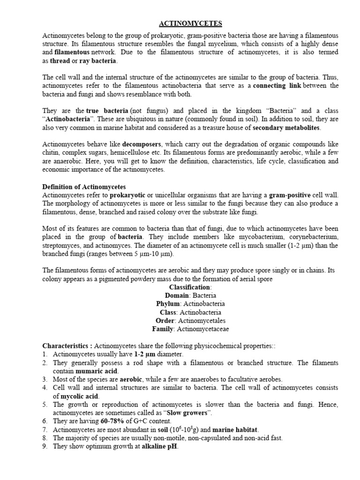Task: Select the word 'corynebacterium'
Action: point(311,237)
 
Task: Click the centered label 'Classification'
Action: point(190,287)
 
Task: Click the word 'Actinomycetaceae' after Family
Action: point(202,329)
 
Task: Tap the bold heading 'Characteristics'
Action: point(66,346)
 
